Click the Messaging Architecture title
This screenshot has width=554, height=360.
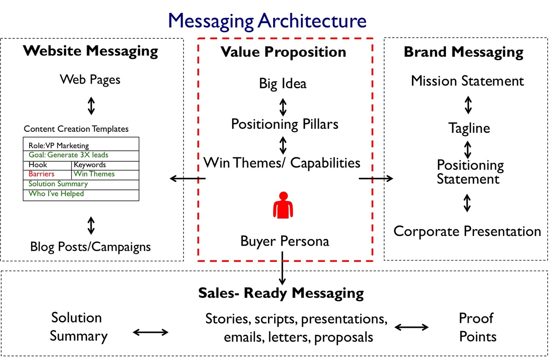267,20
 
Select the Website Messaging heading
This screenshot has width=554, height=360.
90,51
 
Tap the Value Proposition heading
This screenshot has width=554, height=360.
283,52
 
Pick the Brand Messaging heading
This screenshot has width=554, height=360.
464,52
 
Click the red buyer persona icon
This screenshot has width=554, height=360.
283,205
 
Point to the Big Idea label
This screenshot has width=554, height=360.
283,83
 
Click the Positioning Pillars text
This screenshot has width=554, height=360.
284,124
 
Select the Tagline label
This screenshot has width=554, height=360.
469,128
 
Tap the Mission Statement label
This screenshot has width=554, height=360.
467,81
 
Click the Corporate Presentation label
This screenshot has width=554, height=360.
467,231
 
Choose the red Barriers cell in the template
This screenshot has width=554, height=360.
41,174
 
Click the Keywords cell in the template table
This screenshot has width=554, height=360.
90,165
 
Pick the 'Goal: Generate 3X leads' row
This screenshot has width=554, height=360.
68,155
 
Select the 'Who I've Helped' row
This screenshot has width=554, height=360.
56,194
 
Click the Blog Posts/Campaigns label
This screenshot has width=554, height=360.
90,247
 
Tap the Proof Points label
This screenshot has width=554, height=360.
477,327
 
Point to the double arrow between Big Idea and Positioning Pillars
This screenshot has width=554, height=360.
283,107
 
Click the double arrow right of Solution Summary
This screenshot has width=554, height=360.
151,332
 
